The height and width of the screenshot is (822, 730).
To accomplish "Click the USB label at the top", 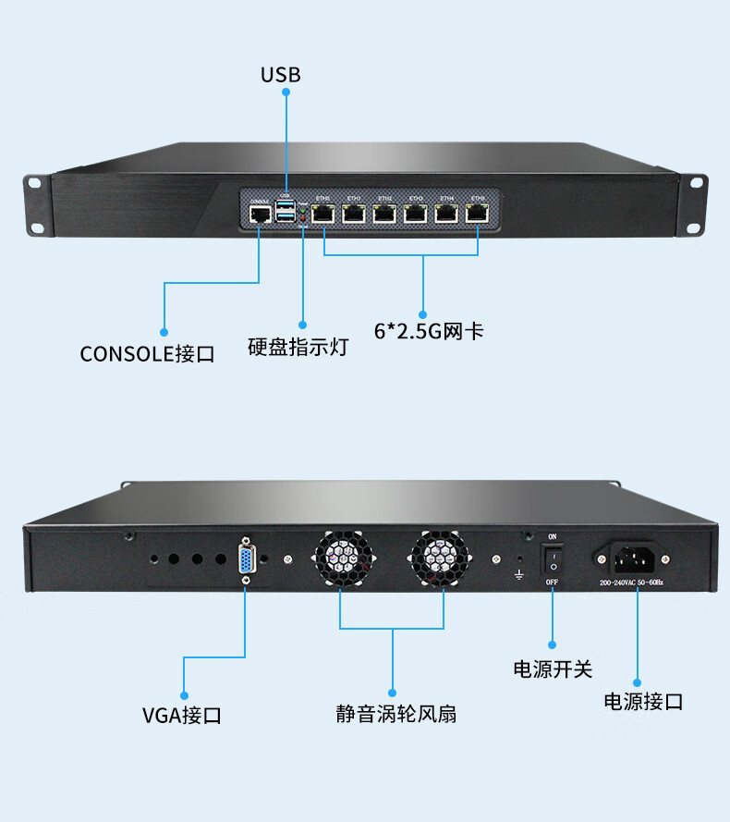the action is tap(280, 74).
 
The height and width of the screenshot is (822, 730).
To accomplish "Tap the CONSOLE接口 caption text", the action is tap(147, 353).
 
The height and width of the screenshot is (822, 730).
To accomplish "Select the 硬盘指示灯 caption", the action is tap(298, 348).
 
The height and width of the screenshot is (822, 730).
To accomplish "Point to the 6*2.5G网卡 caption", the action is tap(429, 331).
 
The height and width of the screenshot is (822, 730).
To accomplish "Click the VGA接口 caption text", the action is tap(182, 715).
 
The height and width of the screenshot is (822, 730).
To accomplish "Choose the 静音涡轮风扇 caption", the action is tap(395, 714).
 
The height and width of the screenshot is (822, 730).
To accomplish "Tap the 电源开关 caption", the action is tap(552, 669).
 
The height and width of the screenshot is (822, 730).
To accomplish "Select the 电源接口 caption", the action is tap(643, 701).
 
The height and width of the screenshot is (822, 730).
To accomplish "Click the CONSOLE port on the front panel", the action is tap(260, 215).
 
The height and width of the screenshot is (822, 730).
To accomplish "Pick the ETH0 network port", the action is tap(323, 213).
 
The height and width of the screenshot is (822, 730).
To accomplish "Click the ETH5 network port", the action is tap(478, 213).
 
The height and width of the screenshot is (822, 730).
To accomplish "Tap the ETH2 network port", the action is tap(384, 213).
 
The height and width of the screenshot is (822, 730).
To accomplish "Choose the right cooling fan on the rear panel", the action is tap(441, 558).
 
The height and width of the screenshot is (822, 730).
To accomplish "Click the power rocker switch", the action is tap(552, 558).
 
